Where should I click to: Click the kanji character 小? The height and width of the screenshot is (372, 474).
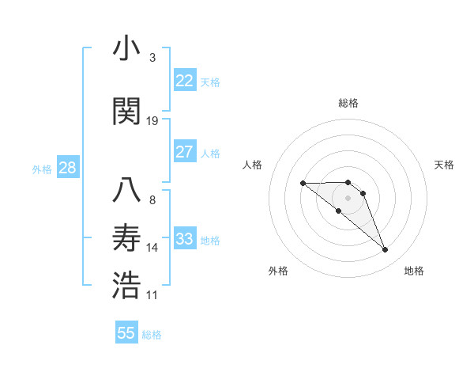pyautogui.click(x=126, y=49)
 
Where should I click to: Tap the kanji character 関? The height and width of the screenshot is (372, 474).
pyautogui.click(x=126, y=111)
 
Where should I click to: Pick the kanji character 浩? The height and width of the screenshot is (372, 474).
pyautogui.click(x=126, y=286)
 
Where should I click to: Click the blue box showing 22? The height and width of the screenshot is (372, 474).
pyautogui.click(x=185, y=80)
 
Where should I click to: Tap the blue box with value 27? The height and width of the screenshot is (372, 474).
pyautogui.click(x=185, y=152)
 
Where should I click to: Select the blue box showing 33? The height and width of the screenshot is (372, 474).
pyautogui.click(x=185, y=239)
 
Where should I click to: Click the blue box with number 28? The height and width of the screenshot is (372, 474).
pyautogui.click(x=67, y=168)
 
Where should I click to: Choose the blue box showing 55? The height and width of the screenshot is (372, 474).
pyautogui.click(x=126, y=333)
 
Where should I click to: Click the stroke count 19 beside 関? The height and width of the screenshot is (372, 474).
pyautogui.click(x=152, y=120)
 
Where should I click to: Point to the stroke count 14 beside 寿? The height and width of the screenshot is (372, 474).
pyautogui.click(x=152, y=248)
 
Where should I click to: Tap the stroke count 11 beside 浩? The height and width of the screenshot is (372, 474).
pyautogui.click(x=152, y=295)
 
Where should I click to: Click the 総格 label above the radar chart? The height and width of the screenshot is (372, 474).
pyautogui.click(x=348, y=103)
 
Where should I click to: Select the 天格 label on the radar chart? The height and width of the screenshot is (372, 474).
pyautogui.click(x=444, y=165)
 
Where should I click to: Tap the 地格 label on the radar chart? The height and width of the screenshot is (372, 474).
pyautogui.click(x=414, y=271)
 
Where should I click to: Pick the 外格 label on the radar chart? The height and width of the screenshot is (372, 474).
pyautogui.click(x=278, y=271)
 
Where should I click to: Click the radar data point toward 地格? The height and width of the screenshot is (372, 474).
pyautogui.click(x=385, y=250)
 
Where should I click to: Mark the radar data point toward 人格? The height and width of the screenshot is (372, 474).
pyautogui.click(x=303, y=184)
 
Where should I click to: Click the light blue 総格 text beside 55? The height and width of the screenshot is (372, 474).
pyautogui.click(x=152, y=335)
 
